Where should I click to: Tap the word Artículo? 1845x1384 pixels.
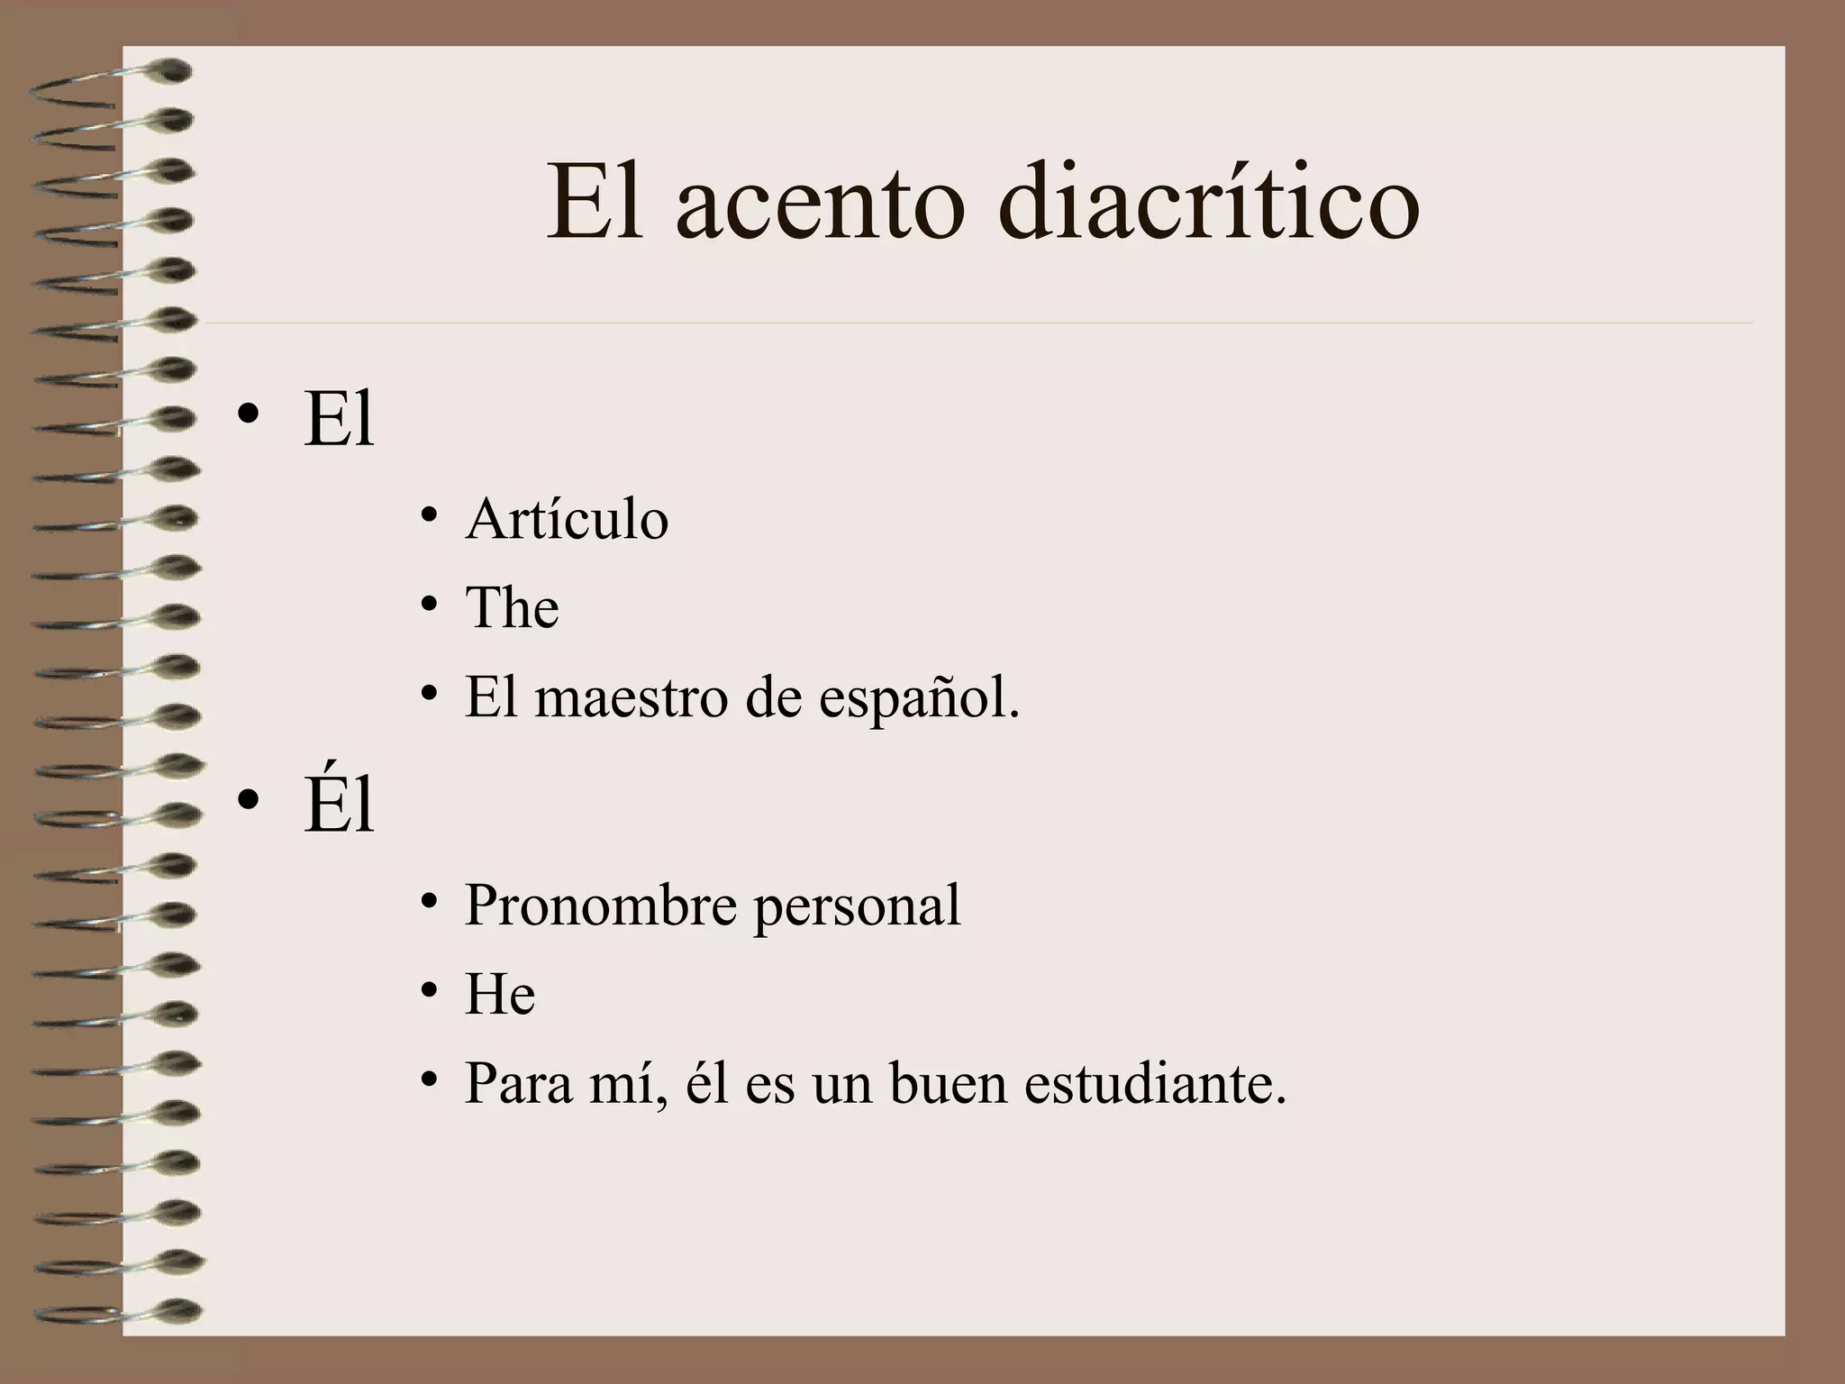[x=567, y=520]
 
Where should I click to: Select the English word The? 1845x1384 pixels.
[x=512, y=607]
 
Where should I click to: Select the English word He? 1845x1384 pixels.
[x=500, y=995]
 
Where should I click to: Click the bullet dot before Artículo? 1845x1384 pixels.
[x=429, y=515]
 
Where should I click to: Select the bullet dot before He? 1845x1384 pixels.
[x=429, y=990]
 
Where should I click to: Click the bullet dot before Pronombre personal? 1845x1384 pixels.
[x=429, y=901]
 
